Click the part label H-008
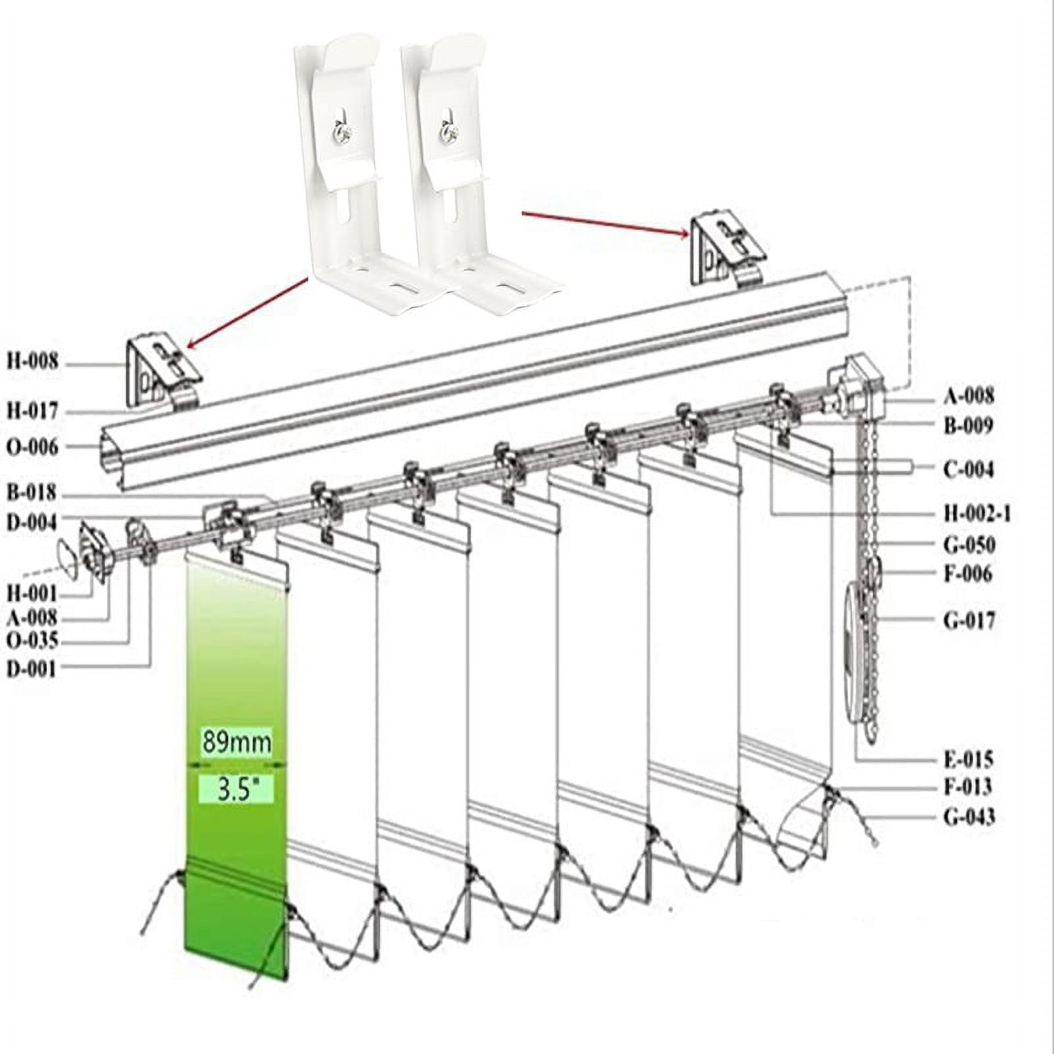coord(32,362)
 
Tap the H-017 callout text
coord(32,412)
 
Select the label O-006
coord(32,447)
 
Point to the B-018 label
coord(32,493)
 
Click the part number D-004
coord(32,523)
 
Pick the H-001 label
coord(32,593)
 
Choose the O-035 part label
coord(32,640)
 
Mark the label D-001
coord(32,669)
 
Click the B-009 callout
coord(968,426)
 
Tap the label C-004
coord(968,470)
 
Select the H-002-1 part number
coord(977,513)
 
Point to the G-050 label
coord(969,545)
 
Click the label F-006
coord(968,574)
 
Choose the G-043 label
coord(969,818)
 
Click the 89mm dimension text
coord(236,742)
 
